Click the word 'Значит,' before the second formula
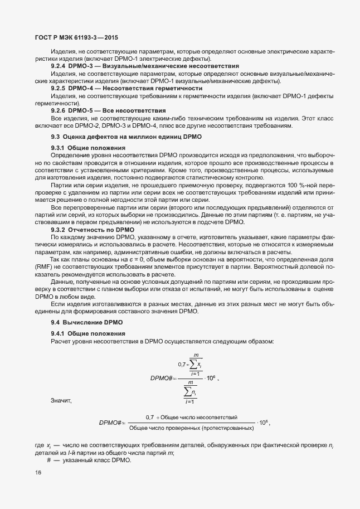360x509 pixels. point(61,400)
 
